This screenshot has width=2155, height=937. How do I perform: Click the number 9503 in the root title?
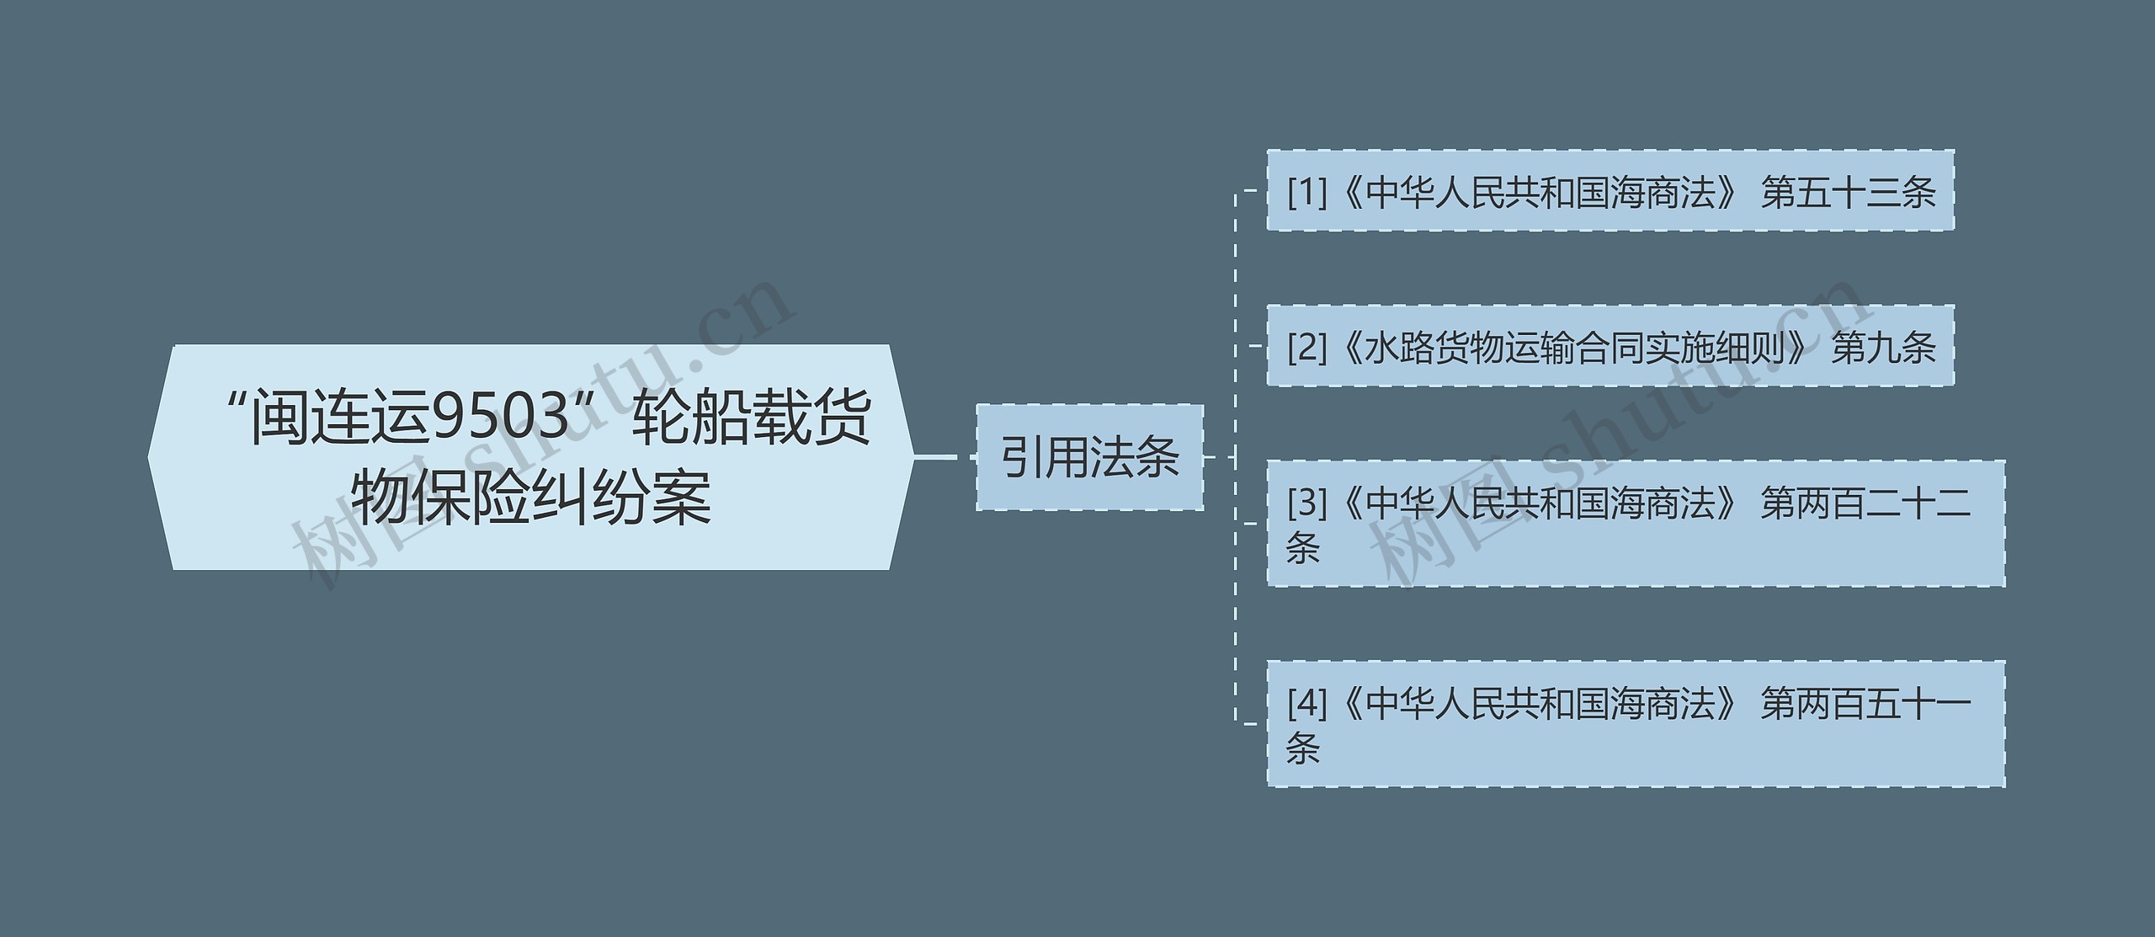[502, 418]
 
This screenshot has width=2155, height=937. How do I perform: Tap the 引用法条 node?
[1089, 458]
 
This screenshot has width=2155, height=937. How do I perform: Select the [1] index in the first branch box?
[1306, 193]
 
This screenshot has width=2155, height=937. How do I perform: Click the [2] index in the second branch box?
[1306, 347]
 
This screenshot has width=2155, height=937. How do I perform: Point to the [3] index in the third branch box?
[1306, 503]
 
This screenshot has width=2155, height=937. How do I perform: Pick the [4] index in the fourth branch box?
[1306, 704]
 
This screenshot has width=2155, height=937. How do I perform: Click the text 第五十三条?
[1849, 193]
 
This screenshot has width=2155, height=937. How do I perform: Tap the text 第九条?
[1884, 347]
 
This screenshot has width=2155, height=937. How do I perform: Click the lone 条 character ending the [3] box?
[1302, 548]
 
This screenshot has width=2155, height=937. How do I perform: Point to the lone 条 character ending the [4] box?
[1302, 748]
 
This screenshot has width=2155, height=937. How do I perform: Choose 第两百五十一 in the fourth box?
[1865, 704]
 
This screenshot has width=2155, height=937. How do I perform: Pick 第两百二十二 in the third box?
[1865, 503]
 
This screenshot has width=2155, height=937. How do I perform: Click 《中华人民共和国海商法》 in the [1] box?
[1536, 193]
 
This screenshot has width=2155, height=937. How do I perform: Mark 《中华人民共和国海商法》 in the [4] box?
[1536, 704]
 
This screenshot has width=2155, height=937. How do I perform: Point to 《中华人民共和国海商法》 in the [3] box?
[1536, 503]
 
